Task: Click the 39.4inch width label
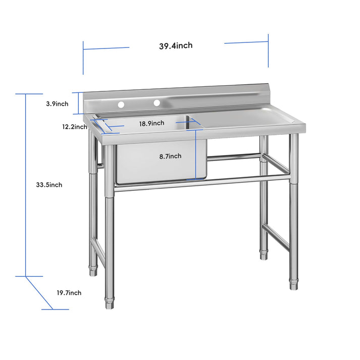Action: coord(176,46)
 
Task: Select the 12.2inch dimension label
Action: coord(75,127)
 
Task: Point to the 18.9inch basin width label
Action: coord(151,123)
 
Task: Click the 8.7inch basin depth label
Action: coord(170,157)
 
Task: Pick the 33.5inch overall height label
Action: coord(49,185)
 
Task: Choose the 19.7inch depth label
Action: coord(69,293)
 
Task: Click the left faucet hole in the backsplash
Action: coord(121,105)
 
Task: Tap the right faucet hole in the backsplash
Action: coord(157,102)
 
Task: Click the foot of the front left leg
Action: coord(109,304)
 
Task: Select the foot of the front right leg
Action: coord(293,286)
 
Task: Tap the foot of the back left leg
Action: coord(93,273)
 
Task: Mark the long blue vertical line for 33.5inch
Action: coord(26,185)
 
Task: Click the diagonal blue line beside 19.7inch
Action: coord(40,292)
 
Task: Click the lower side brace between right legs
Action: coord(277,237)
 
